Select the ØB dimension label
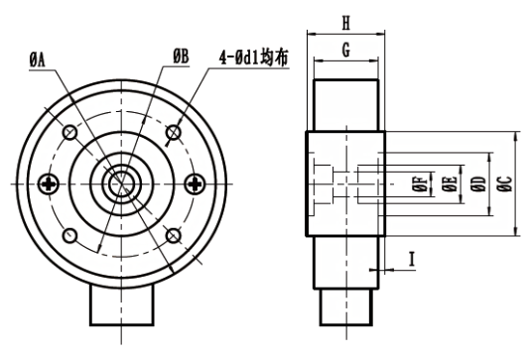[181, 57]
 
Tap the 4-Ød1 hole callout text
[253, 59]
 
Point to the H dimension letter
[345, 24]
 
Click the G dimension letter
[345, 51]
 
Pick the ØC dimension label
[505, 183]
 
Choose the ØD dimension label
[478, 183]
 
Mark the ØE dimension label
[450, 184]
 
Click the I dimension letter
[412, 259]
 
